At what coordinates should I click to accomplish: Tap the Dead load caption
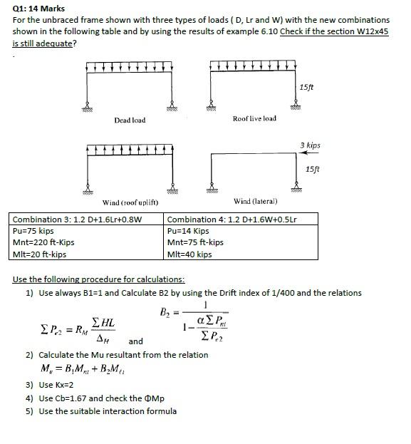coord(130,120)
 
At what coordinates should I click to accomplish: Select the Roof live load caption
coord(254,118)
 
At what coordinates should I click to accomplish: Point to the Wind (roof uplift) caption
coord(130,203)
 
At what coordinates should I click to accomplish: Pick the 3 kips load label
coord(311,145)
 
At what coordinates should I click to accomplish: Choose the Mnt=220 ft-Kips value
coord(44,242)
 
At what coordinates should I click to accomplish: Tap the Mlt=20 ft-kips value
coord(40,254)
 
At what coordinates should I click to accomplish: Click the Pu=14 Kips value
coord(188,231)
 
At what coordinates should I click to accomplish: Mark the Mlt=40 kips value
coord(189,254)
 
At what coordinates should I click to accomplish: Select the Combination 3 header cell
coord(78,219)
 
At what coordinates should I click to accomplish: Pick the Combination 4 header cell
coord(232,219)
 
